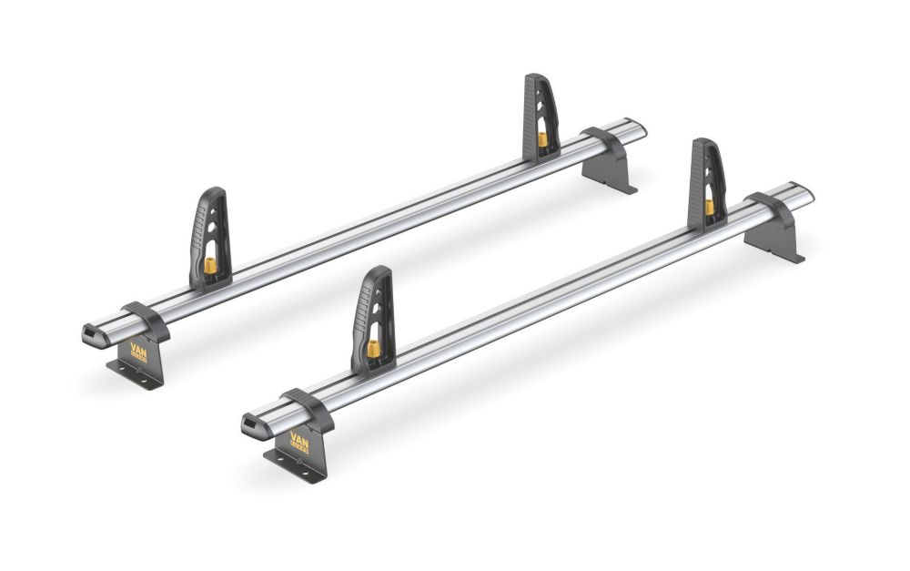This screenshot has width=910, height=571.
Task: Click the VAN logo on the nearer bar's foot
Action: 299,442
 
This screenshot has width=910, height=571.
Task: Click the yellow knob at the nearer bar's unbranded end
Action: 709,207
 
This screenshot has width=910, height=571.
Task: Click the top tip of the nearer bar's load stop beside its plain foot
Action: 704,142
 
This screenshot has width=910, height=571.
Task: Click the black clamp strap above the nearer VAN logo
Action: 306,407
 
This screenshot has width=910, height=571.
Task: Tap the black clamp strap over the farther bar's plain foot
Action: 602,141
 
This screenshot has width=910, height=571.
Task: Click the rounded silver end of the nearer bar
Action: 804,193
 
